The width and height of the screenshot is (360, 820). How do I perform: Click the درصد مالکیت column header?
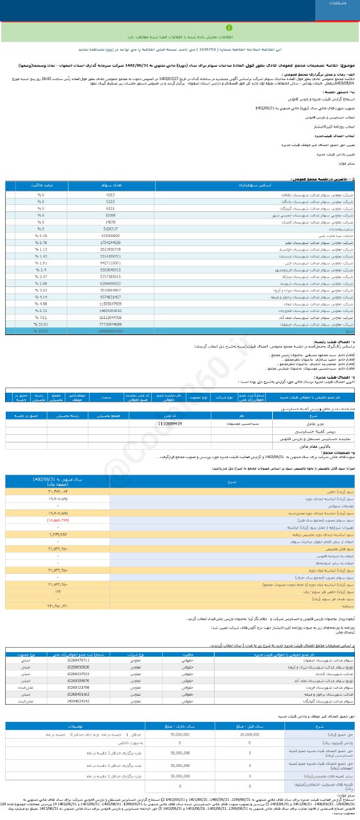42,186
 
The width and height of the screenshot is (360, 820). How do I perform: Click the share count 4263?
110,194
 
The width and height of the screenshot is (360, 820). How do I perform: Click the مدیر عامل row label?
299,423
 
